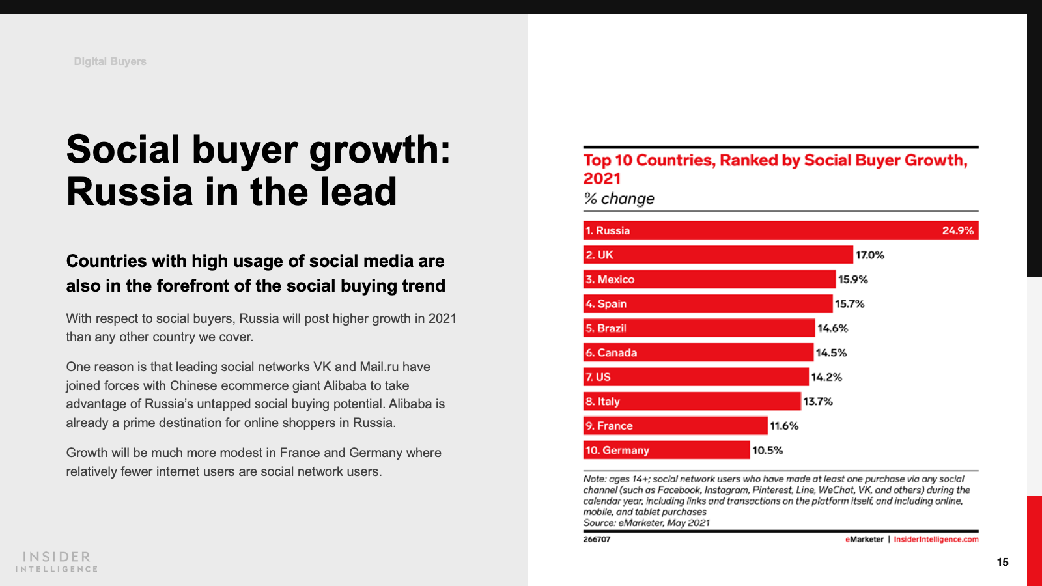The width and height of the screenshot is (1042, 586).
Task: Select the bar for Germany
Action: [x=666, y=450]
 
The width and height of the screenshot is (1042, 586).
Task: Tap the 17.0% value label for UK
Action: [x=870, y=255]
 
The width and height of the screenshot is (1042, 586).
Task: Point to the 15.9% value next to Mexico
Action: [x=853, y=279]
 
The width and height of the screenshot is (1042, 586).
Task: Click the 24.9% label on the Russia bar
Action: [x=957, y=230]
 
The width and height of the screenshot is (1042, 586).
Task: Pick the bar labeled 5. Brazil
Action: [x=699, y=328]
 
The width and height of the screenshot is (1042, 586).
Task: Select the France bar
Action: [x=675, y=426]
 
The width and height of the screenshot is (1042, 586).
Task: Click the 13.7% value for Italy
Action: [x=818, y=402]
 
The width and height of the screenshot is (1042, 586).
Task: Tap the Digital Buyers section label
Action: [x=110, y=61]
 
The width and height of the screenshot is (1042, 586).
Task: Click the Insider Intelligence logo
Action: [x=57, y=561]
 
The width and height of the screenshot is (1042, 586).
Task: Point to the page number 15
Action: [x=1002, y=562]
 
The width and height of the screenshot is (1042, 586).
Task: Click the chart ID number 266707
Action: [x=597, y=539]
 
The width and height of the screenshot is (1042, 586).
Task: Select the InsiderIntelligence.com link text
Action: [x=936, y=539]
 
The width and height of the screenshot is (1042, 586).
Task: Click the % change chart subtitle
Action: [x=619, y=199]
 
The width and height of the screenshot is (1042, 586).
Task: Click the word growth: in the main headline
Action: [x=380, y=150]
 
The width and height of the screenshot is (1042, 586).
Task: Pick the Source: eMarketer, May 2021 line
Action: [x=646, y=523]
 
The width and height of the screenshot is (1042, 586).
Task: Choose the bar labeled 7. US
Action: [x=696, y=377]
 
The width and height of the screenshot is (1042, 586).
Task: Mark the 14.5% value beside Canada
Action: [x=832, y=353]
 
